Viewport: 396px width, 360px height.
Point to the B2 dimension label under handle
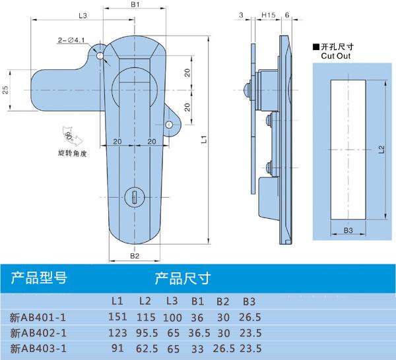135,256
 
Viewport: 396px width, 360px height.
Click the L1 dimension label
204,140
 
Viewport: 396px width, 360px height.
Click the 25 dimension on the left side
6,90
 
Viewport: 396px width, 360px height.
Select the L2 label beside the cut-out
381,150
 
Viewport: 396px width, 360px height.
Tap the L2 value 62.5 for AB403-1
145,347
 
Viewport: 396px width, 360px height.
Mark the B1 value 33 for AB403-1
196,347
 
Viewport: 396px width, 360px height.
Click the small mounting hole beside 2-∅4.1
100,57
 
